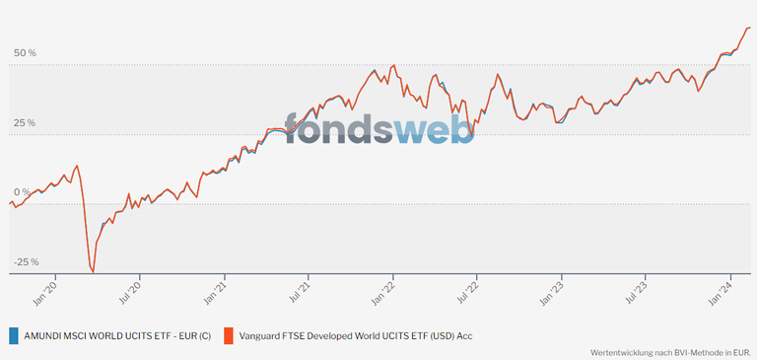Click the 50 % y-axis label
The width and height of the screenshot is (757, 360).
(25, 52)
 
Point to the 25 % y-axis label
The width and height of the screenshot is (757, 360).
(25, 122)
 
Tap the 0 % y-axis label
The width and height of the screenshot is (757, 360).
(21, 192)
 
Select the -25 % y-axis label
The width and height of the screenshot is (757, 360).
(25, 262)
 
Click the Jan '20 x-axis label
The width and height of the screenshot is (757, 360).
(44, 287)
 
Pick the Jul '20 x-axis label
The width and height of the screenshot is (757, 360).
(130, 287)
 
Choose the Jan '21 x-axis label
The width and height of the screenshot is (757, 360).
(216, 287)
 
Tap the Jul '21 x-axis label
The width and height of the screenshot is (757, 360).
(301, 287)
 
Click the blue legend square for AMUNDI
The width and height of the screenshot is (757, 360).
(13, 335)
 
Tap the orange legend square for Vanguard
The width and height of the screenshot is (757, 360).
(229, 335)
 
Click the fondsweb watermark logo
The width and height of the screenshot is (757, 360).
(378, 128)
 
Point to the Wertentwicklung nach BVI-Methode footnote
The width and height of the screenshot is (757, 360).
(670, 351)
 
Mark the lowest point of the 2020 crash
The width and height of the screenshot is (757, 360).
(93, 271)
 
